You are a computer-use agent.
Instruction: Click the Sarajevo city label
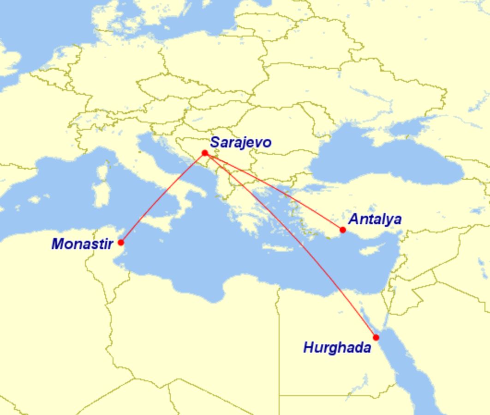click(240, 142)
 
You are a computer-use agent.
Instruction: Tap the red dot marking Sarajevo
click(205, 153)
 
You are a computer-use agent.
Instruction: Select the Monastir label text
click(82, 244)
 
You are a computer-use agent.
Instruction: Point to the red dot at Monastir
click(121, 242)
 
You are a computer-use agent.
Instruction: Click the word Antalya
click(374, 219)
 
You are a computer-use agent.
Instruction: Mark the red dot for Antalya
click(342, 230)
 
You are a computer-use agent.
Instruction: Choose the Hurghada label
click(337, 348)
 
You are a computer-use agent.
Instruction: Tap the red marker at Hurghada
click(376, 337)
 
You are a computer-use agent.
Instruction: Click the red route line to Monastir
click(162, 198)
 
